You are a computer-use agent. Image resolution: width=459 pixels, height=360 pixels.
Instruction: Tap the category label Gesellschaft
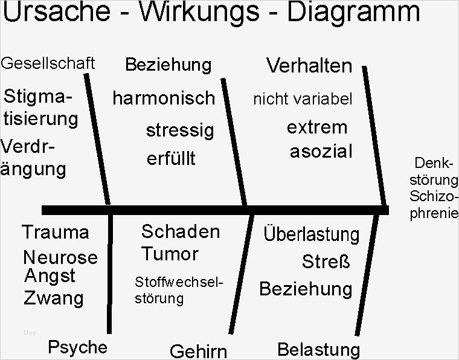(x=48, y=63)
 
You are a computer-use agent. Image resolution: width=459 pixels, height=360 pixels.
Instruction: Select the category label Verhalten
(x=309, y=66)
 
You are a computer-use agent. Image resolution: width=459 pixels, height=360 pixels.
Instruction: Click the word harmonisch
(x=164, y=98)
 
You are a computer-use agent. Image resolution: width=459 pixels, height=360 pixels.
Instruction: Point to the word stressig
(x=180, y=130)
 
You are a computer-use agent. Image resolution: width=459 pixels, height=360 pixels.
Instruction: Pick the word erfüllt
(x=171, y=158)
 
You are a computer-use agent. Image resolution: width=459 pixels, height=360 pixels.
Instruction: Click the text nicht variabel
(x=303, y=99)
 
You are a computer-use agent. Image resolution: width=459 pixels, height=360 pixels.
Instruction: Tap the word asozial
(x=321, y=152)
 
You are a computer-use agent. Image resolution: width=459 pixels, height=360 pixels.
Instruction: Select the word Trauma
(x=56, y=232)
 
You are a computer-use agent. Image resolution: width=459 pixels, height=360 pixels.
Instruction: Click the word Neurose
(x=60, y=257)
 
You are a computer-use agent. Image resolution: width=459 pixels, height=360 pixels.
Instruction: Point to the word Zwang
(x=54, y=298)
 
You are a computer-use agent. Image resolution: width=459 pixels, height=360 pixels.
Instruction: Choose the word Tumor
(x=170, y=254)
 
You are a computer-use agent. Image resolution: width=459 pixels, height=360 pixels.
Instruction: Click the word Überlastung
(x=312, y=234)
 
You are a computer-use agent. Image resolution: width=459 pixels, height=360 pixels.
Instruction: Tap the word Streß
(x=326, y=262)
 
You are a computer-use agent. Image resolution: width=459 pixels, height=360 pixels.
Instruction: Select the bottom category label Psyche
(x=77, y=347)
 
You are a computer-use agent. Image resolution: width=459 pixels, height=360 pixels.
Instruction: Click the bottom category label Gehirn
(x=199, y=351)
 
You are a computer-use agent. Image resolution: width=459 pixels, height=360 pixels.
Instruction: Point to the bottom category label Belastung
(x=318, y=350)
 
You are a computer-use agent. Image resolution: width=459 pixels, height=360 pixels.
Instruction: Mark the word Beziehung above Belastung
(x=306, y=289)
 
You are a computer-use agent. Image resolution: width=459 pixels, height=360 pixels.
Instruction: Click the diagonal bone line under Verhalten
(x=374, y=135)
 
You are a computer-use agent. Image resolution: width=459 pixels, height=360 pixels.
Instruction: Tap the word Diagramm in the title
(x=354, y=11)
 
